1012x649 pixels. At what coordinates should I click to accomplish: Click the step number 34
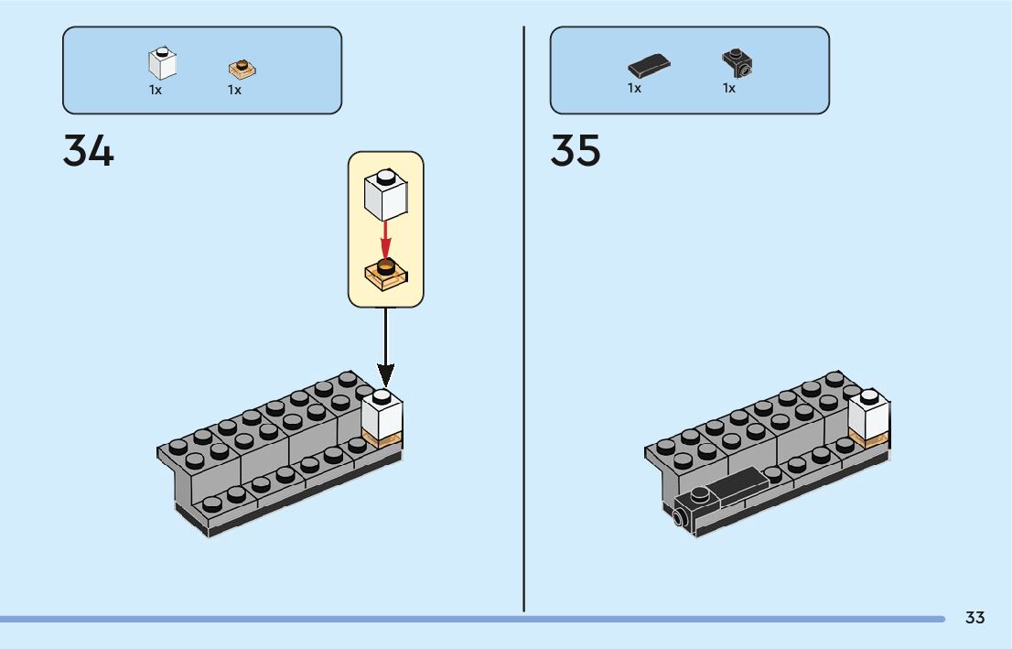[89, 151]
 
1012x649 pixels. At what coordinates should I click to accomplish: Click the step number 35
[576, 151]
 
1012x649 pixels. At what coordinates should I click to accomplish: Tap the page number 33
[974, 618]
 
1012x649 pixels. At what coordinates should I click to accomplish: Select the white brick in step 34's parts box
[162, 62]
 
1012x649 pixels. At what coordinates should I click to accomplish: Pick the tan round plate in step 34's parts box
[242, 68]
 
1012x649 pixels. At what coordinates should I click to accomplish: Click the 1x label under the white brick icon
[156, 90]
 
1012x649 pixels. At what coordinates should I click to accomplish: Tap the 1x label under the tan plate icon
[234, 90]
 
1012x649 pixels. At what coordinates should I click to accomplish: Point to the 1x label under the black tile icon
[634, 89]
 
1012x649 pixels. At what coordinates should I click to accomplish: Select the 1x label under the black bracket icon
[729, 89]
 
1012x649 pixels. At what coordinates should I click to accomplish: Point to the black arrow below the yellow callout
[385, 348]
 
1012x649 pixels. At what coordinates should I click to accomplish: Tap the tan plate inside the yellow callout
[386, 274]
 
